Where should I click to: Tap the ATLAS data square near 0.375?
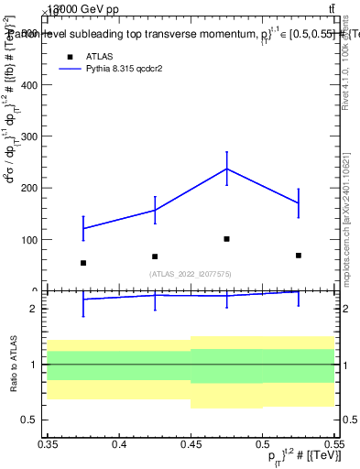pos(83,263)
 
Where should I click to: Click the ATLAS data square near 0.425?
pos(155,256)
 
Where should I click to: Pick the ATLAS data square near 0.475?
pos(226,239)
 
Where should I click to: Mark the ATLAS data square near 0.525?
pos(299,256)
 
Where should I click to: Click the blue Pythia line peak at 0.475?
pos(226,169)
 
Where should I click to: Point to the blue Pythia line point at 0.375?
pos(83,228)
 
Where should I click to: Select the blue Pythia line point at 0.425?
pos(155,210)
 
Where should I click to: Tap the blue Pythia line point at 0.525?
pos(299,203)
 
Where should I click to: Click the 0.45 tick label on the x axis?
pos(191,445)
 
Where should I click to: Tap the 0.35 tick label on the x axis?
pos(48,445)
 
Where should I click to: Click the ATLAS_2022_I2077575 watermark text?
pos(191,273)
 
